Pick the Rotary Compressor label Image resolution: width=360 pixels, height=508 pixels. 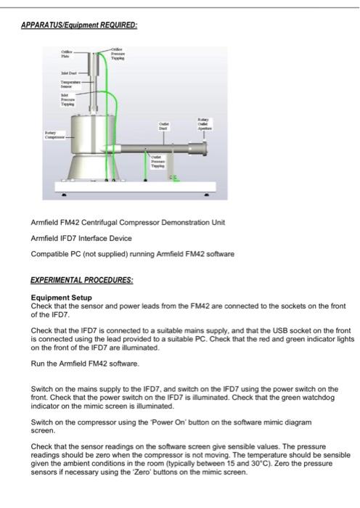tap(56, 134)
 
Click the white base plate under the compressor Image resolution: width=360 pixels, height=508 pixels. tap(138, 190)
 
